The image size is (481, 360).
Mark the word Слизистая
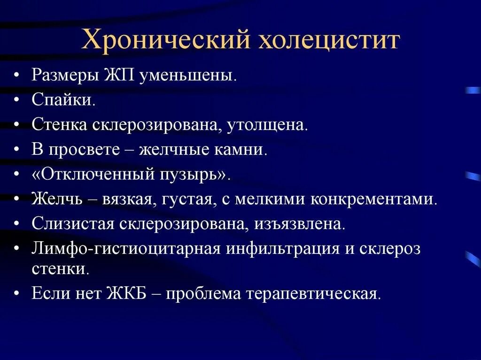(x=72, y=223)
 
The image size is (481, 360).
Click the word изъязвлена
(x=300, y=223)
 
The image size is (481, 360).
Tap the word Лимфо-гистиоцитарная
(x=126, y=248)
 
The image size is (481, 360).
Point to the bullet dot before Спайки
(x=17, y=100)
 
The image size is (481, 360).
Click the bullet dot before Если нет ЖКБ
(x=17, y=294)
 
